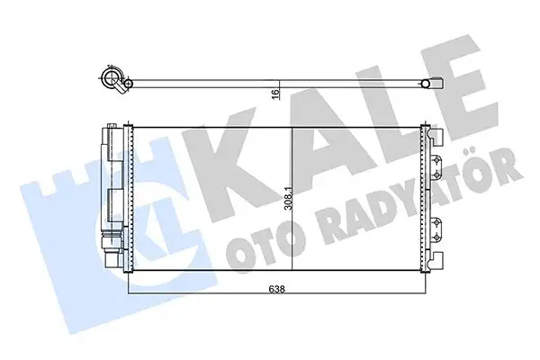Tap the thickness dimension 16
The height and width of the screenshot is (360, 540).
[x=274, y=93]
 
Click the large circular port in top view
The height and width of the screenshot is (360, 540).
[x=115, y=82]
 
